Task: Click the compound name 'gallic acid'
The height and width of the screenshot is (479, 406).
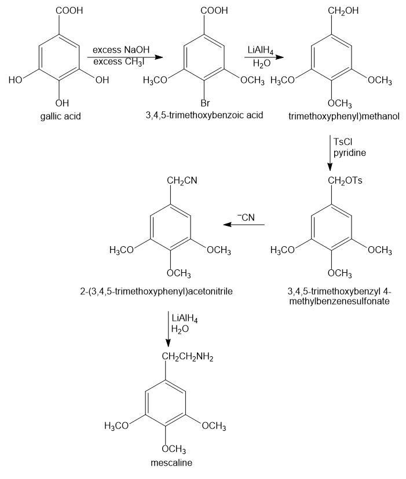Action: point(61,116)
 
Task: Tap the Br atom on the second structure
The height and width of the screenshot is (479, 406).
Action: point(205,103)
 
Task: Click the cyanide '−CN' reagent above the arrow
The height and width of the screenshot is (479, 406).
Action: point(246,217)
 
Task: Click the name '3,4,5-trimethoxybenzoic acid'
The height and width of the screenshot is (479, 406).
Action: point(204,115)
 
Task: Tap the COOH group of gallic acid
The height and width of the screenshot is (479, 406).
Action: point(68,10)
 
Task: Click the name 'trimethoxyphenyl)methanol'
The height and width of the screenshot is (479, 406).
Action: point(344,116)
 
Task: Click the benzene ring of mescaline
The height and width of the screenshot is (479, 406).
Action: point(165,404)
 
